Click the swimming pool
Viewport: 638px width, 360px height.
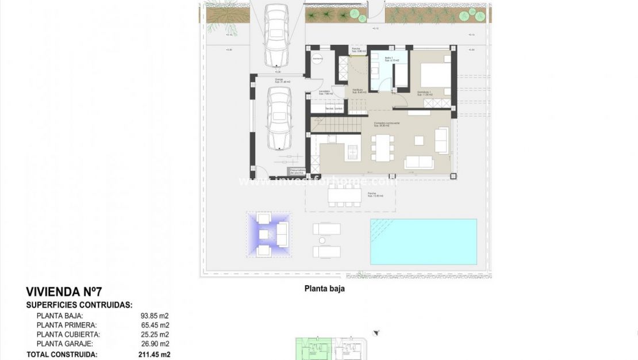[423, 242]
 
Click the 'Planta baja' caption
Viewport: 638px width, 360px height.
[324, 289]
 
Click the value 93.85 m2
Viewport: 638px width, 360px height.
[155, 316]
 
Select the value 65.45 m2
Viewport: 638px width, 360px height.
[155, 325]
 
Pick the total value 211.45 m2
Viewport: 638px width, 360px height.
[155, 355]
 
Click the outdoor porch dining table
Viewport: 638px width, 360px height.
[344, 196]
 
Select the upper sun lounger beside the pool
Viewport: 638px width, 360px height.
[326, 229]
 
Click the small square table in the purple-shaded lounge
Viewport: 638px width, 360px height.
[264, 235]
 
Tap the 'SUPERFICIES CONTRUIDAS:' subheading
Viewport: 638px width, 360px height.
[79, 305]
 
